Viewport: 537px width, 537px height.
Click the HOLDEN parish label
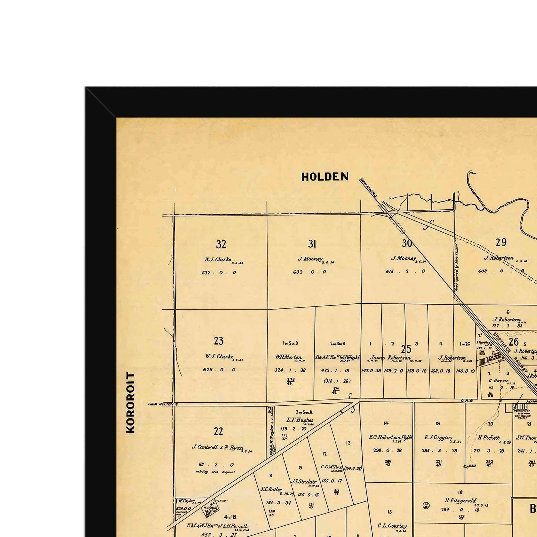325,177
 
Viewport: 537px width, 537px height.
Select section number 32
221,244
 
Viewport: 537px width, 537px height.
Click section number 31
312,244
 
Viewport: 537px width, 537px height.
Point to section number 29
501,242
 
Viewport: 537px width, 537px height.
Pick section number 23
218,341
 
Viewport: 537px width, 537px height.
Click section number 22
218,431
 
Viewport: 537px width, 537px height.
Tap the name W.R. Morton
289,357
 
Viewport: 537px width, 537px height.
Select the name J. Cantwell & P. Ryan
217,447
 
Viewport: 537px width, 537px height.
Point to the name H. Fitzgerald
460,500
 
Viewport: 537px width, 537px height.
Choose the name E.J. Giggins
438,438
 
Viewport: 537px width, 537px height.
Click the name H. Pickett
489,438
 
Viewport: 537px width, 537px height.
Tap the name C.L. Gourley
392,526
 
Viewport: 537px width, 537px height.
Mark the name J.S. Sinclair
304,482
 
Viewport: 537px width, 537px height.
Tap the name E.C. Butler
271,489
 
